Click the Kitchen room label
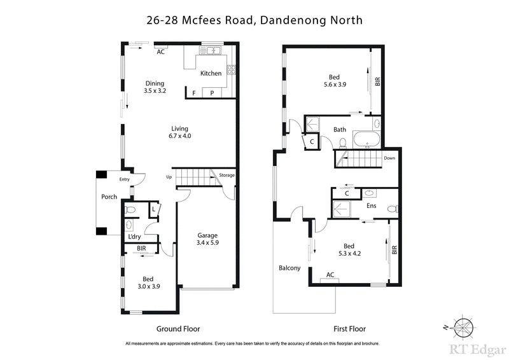211,73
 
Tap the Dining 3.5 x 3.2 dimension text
155,92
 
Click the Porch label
109,197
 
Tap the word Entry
124,179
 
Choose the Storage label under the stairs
227,176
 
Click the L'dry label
134,237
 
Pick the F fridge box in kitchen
194,93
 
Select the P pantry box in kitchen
212,93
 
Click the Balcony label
289,268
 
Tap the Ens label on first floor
372,205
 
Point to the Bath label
340,130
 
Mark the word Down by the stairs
390,158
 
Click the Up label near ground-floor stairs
169,177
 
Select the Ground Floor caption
178,329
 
